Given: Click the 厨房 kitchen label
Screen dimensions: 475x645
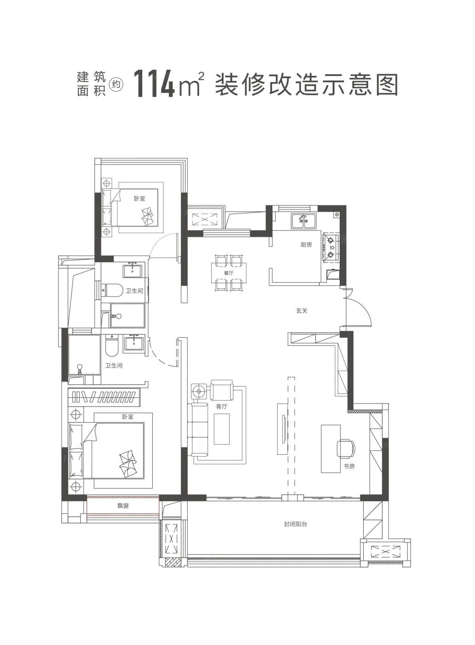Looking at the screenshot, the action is pyautogui.click(x=306, y=245).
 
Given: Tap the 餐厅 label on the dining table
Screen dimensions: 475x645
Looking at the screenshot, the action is pyautogui.click(x=229, y=273).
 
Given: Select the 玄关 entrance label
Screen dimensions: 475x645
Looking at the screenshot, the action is pyautogui.click(x=302, y=311).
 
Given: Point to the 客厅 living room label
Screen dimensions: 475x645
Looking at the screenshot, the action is pyautogui.click(x=222, y=406).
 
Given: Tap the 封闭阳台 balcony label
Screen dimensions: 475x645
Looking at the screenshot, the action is pyautogui.click(x=295, y=524).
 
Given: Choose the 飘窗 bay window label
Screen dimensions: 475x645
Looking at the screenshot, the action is pyautogui.click(x=123, y=505).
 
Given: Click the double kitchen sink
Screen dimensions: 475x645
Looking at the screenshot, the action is pyautogui.click(x=303, y=221).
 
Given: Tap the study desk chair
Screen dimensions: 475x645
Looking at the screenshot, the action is pyautogui.click(x=346, y=449).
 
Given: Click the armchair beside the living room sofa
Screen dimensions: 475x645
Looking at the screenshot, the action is pyautogui.click(x=221, y=390).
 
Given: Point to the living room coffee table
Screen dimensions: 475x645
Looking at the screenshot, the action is pyautogui.click(x=221, y=429).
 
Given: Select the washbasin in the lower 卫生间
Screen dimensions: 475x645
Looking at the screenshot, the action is pyautogui.click(x=133, y=344).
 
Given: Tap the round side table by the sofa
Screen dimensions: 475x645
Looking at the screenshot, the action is pyautogui.click(x=199, y=391).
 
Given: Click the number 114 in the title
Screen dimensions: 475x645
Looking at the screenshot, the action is pyautogui.click(x=154, y=84).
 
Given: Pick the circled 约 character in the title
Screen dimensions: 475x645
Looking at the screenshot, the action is pyautogui.click(x=116, y=84).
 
